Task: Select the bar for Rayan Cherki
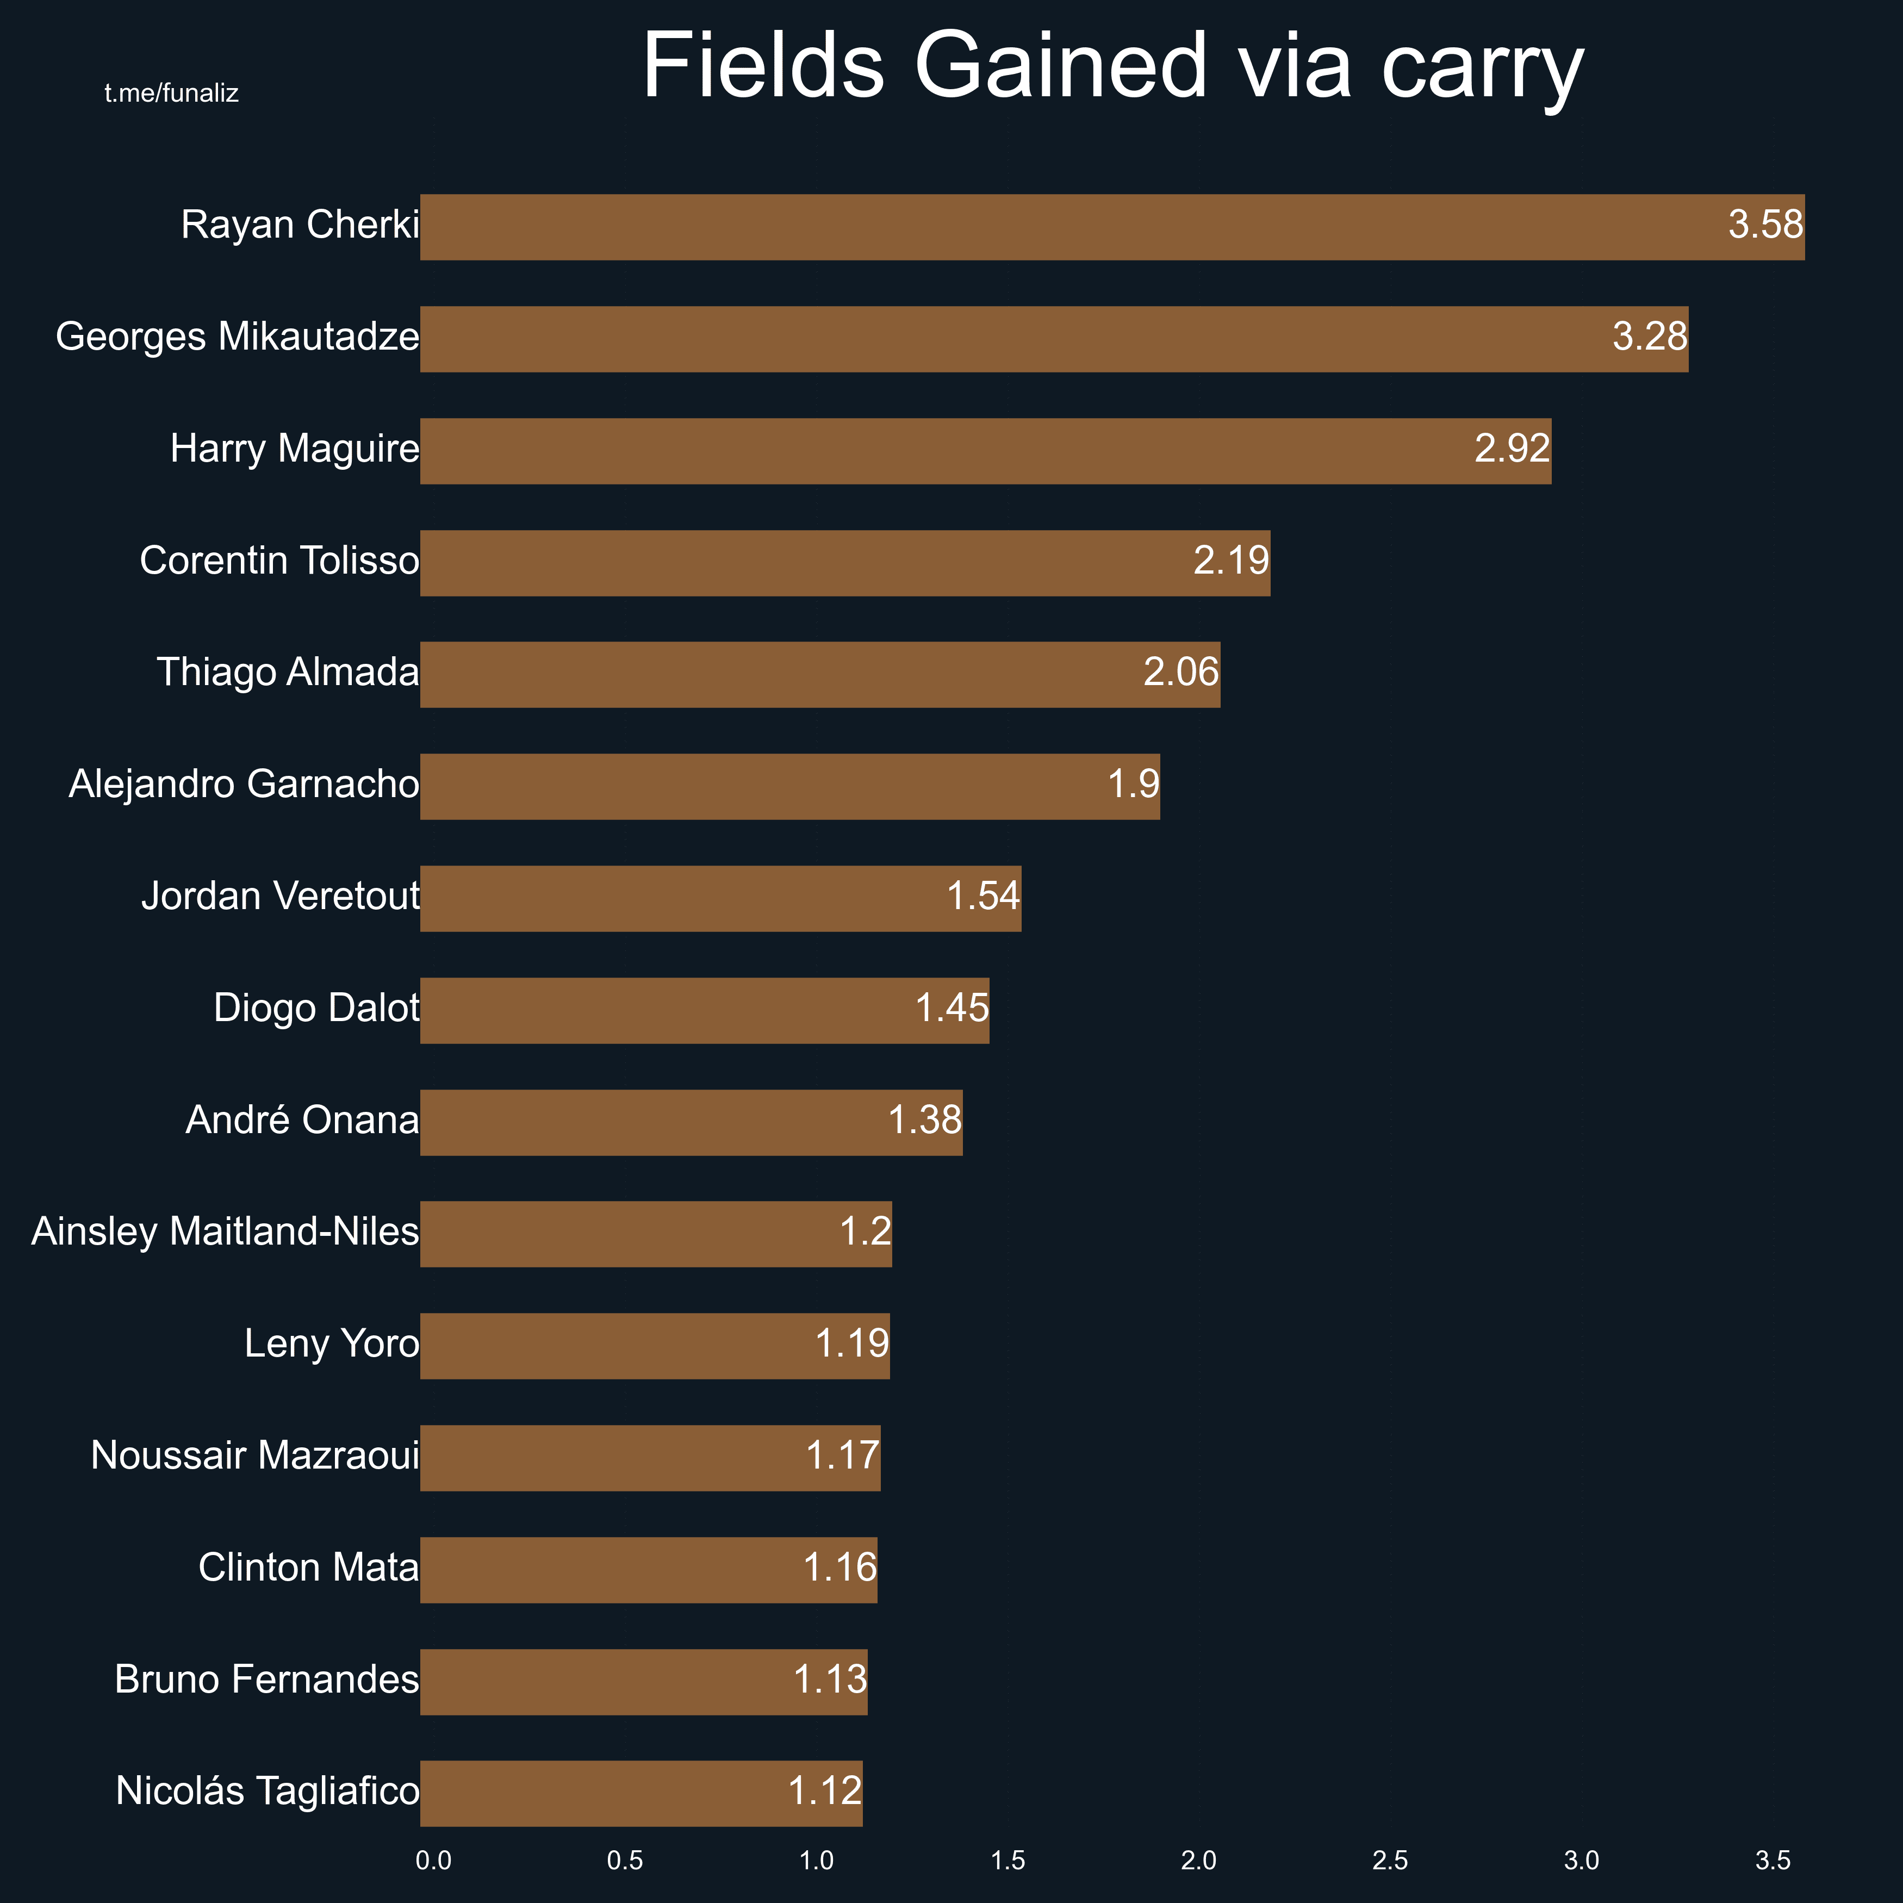1084,227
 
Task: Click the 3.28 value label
1649,337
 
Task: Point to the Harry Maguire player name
295,449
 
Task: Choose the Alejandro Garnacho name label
244,785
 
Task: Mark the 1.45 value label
951,1009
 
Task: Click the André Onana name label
302,1121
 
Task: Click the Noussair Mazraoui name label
255,1457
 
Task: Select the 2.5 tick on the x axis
1390,1861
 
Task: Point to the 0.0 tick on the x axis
433,1861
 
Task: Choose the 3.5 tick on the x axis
1772,1861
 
